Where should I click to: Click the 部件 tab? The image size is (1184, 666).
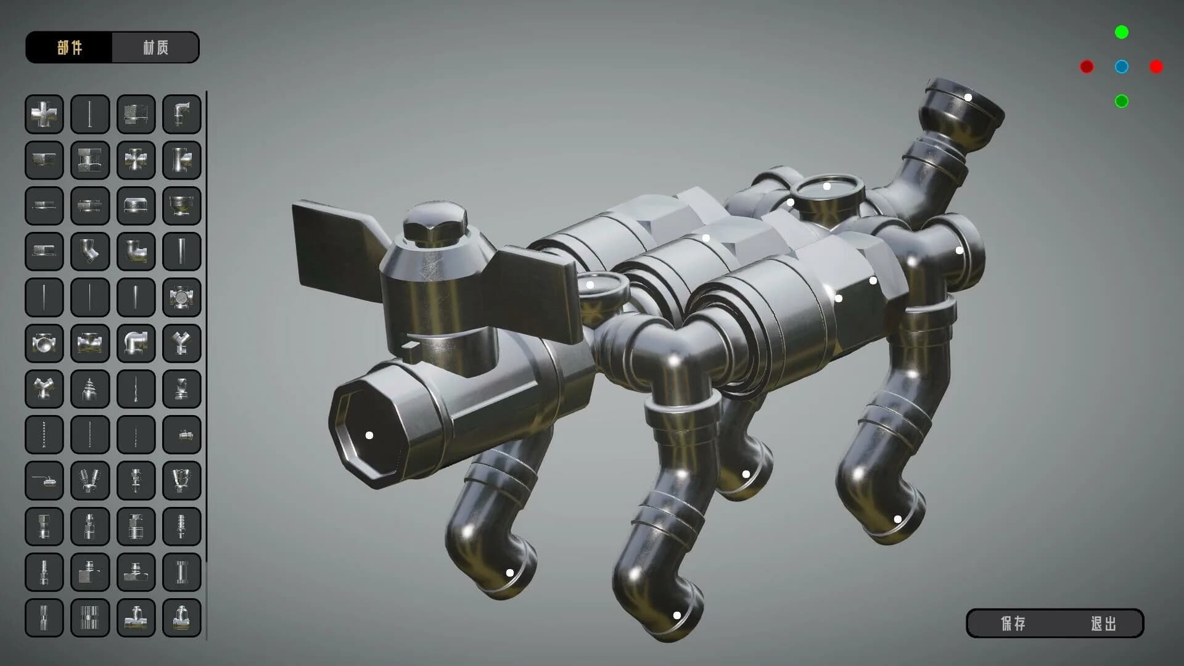tap(69, 47)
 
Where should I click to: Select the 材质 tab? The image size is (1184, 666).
tap(155, 47)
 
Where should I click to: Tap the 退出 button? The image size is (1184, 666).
tap(1103, 623)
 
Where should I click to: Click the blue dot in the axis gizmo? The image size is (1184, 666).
tap(1122, 67)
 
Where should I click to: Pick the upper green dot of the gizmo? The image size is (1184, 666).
tap(1122, 32)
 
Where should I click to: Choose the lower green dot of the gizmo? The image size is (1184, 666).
tap(1122, 101)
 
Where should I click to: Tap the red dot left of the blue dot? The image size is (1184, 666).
tap(1087, 67)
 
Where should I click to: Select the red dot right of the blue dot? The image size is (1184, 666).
tap(1156, 67)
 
